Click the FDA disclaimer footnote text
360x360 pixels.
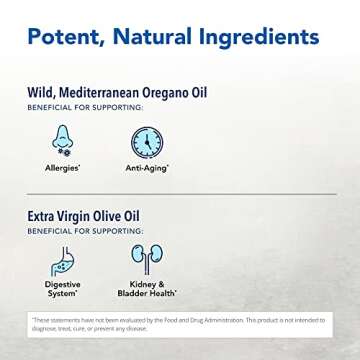click(180, 335)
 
